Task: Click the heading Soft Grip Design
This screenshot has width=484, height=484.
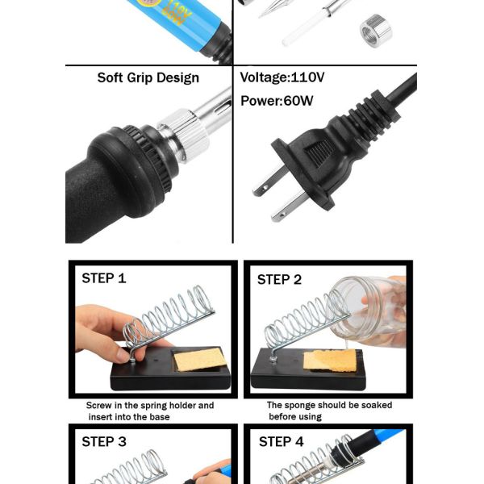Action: click(148, 77)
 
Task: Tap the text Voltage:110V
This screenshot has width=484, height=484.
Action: click(282, 77)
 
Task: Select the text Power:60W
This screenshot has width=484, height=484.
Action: click(277, 101)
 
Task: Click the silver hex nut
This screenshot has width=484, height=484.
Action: click(376, 31)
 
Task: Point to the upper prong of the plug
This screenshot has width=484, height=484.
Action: click(268, 181)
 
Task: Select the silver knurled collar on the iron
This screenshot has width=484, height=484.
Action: click(185, 136)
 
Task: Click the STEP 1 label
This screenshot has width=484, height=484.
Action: click(104, 278)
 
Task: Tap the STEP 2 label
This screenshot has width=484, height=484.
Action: click(279, 279)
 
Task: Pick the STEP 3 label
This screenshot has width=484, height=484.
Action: click(104, 442)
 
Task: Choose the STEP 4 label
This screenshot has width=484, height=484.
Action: click(282, 442)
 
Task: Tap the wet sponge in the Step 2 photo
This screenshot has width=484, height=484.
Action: click(330, 361)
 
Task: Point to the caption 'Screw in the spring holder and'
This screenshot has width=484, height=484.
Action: click(150, 405)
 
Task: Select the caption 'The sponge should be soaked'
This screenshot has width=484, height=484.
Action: click(329, 405)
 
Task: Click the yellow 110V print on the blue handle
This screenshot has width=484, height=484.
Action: click(180, 10)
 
